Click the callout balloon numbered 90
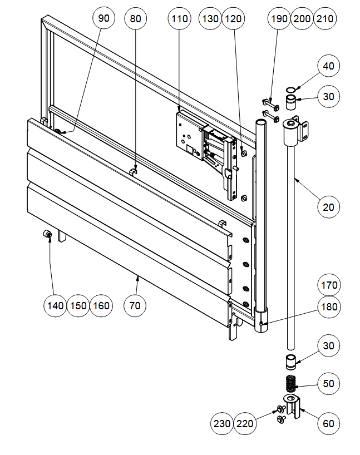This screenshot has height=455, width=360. (x=104, y=18)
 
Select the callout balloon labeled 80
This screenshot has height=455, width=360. (x=135, y=18)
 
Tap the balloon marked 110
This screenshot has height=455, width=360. (x=179, y=18)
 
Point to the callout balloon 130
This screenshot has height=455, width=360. (x=210, y=18)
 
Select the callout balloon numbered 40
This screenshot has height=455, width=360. (x=329, y=66)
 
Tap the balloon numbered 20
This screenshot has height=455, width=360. (x=329, y=207)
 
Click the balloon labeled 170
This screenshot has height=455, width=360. (x=329, y=286)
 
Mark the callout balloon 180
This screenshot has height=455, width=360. (x=329, y=306)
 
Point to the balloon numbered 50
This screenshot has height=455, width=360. (x=329, y=384)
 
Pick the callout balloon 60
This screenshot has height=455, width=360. (x=329, y=423)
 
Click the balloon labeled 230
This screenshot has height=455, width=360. (x=222, y=423)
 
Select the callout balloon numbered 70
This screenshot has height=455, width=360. (x=135, y=305)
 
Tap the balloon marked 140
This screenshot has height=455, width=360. (x=55, y=305)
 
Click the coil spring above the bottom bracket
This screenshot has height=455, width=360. (x=290, y=384)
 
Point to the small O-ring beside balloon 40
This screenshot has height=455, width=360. (x=290, y=89)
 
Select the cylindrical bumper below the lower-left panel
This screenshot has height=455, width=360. (x=48, y=236)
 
